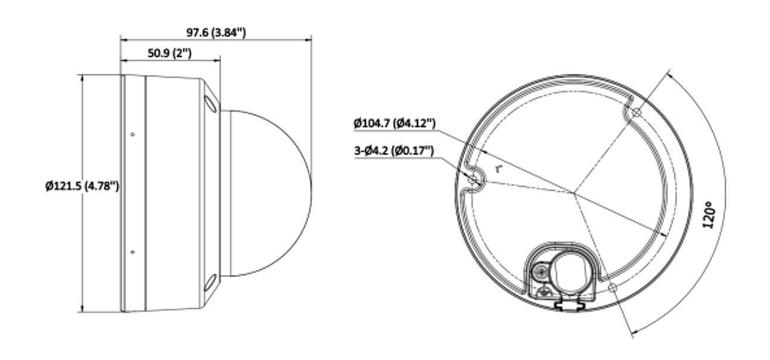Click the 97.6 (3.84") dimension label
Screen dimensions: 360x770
216,33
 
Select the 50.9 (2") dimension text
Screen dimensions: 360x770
169,53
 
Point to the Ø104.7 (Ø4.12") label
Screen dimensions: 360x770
395,123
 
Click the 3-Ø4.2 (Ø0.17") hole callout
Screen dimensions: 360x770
394,151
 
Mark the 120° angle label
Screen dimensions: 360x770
708,216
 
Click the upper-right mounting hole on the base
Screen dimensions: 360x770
636,112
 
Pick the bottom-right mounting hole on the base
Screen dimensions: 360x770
613,287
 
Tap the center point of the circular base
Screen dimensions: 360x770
573,193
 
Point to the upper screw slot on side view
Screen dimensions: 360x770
210,103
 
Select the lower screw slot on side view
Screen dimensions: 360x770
210,283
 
